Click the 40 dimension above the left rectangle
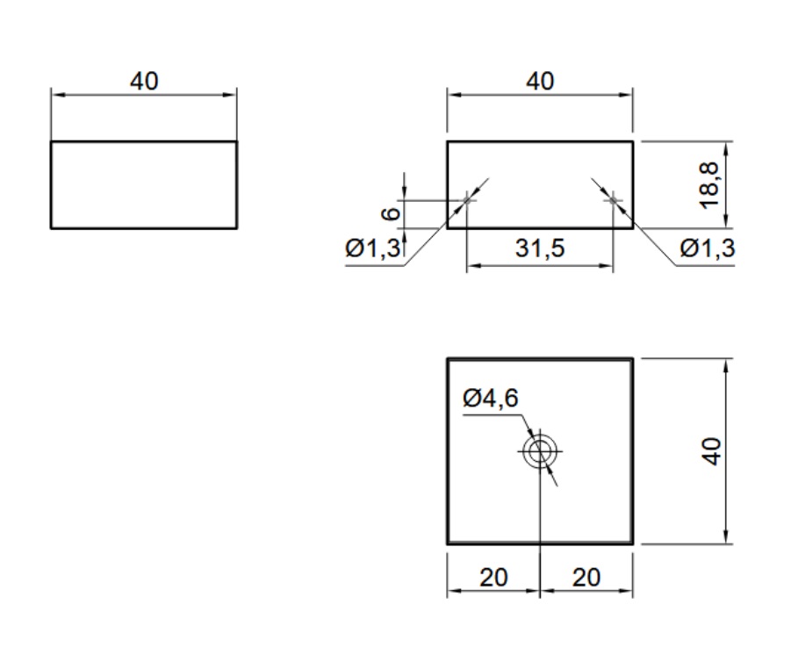coord(144,81)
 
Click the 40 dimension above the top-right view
coord(540,81)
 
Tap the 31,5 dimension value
coord(540,248)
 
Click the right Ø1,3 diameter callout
coord(708,249)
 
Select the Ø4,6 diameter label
coord(491,399)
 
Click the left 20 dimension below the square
coord(493,578)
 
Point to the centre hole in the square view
coord(540,451)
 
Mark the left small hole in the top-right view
coord(467,200)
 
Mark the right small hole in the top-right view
coord(614,200)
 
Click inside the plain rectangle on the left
coord(144,184)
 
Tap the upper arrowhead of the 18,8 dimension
coord(728,147)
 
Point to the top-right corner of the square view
coord(632,358)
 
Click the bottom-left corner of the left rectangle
coord(51,228)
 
